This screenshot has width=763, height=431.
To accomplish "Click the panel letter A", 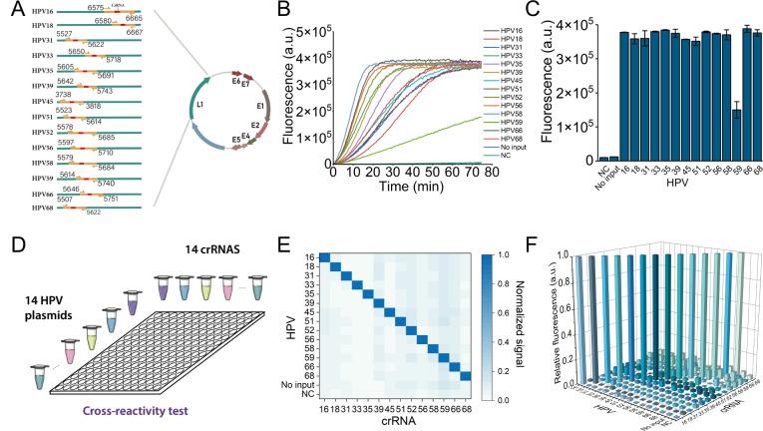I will click(9, 10).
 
